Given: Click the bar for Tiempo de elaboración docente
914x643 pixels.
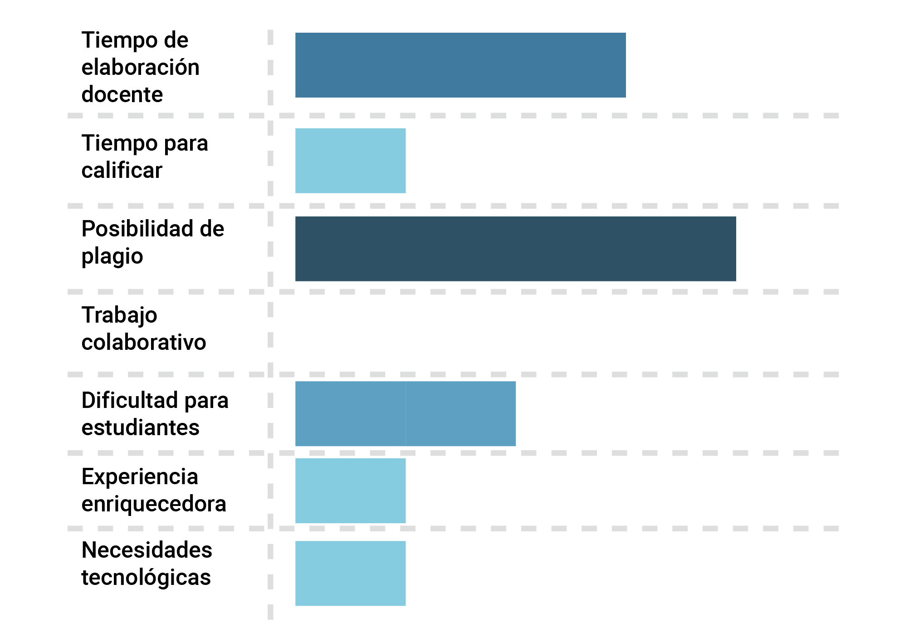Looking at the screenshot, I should coord(460,65).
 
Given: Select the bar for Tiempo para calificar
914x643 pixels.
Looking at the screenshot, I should coord(350,161).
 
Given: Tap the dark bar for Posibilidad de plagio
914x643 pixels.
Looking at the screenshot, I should coord(515,249).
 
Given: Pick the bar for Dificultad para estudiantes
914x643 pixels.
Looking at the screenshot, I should coord(405,413).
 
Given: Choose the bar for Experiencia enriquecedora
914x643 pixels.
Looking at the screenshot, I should coord(350,491).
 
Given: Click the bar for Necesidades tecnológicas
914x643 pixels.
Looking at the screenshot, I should coord(350,573).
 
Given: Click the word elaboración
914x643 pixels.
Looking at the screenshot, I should coord(140,67).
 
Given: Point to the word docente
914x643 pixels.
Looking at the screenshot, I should coord(122,94).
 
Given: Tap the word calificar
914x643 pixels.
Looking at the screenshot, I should coord(122,171).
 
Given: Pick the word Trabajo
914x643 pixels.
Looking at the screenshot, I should coord(119,315).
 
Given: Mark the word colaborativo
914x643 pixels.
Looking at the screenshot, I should coord(143,342).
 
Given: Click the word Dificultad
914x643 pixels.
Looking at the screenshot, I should coord(129,400).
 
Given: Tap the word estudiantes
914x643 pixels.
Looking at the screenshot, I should coord(140,427).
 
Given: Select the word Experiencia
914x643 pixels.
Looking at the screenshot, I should coord(140,477).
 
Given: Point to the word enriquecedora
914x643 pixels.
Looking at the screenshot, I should coord(153,504).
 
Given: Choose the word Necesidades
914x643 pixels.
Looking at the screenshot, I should coord(147,550).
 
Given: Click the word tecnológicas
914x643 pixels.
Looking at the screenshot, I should coord(146,577).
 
